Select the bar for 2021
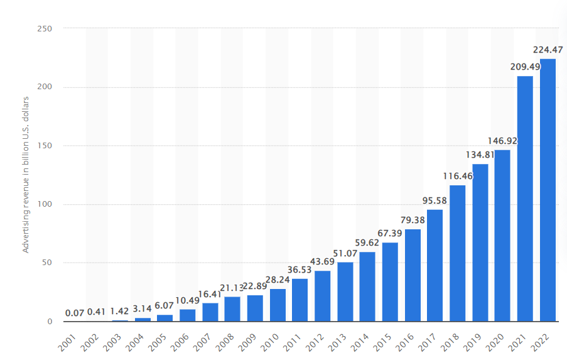[525, 199]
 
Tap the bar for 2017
[435, 265]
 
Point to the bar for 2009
[255, 308]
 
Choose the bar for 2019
[480, 243]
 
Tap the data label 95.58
[435, 201]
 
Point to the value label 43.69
[323, 262]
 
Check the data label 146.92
[502, 141]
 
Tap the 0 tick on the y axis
[49, 322]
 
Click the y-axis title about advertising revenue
[26, 175]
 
